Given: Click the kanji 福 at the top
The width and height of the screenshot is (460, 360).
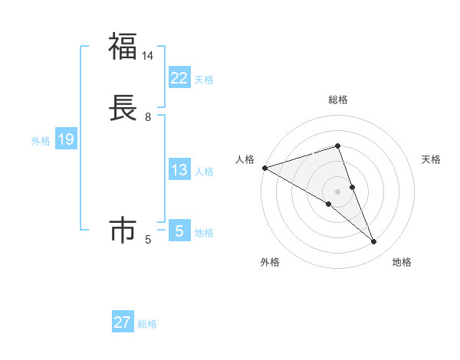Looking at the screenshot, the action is tap(123, 47).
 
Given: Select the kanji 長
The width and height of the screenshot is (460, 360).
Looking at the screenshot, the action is tap(123, 108).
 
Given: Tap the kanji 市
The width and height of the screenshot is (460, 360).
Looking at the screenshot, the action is tap(123, 231).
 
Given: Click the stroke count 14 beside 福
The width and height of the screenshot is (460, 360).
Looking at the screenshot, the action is tap(148, 56).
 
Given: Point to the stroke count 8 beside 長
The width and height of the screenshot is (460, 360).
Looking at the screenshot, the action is tap(148, 117).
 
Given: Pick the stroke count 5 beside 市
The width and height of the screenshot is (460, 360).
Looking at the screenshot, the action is tap(148, 240).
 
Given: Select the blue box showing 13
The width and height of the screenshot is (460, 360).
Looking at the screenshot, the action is tap(179, 170).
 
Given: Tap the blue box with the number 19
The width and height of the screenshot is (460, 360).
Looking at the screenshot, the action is tap(65, 139).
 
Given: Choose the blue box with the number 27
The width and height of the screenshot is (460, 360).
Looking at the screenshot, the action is tap(122, 322).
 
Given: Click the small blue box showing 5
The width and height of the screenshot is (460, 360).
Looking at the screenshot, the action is tap(179, 231).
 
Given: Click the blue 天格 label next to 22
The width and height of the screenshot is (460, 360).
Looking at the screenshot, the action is tap(204, 80).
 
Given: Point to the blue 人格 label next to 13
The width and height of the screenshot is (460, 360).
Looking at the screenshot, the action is tap(204, 172).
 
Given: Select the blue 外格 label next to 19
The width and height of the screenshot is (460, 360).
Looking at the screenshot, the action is tap(40, 141).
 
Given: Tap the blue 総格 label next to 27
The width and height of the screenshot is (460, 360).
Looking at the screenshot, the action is tap(147, 324).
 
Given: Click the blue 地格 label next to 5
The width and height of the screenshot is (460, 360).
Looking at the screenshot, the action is tap(204, 233).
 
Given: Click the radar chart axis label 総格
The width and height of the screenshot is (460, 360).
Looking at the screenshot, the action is tap(338, 100).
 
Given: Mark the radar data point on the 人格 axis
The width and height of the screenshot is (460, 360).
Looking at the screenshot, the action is tap(264, 168).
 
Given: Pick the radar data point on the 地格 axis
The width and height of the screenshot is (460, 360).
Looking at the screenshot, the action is tap(374, 242).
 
